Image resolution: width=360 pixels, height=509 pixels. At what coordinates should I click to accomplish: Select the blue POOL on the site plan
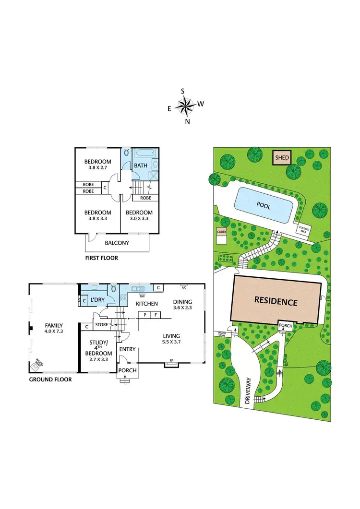point(263,205)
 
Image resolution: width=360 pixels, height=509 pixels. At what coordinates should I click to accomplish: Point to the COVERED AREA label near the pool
point(304,229)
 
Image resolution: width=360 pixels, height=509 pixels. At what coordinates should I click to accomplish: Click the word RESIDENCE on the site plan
point(276,302)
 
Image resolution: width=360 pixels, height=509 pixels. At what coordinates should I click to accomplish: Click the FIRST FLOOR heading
point(101,258)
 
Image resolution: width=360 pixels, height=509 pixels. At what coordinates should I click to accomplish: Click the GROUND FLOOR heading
point(50,379)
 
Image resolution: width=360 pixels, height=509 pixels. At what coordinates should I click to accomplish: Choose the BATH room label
point(141,166)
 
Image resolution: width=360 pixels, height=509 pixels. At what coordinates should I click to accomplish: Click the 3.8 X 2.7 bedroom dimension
point(98,168)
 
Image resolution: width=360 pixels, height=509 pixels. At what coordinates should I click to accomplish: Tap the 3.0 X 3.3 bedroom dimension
point(139,219)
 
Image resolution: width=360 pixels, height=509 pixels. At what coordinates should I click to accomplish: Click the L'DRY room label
point(98,300)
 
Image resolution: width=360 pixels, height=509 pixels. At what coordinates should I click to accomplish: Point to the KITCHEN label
point(147,304)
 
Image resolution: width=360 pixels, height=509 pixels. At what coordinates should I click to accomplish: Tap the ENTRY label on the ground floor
point(128,350)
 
